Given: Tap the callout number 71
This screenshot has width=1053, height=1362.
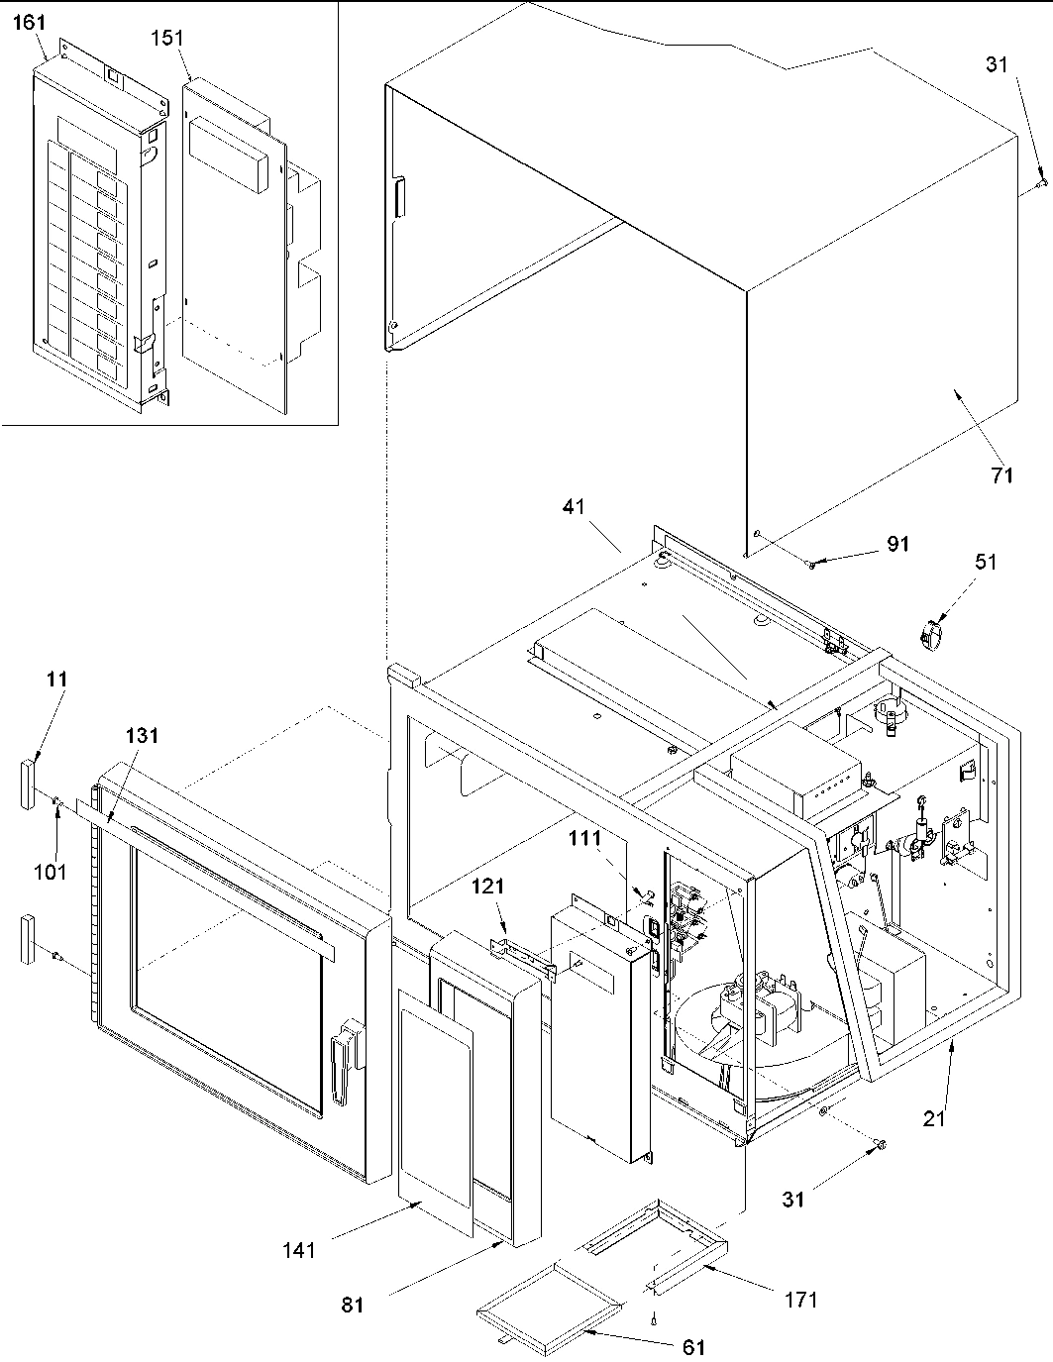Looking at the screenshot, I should click(x=1001, y=475).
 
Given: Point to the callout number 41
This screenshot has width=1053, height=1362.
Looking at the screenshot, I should click(x=575, y=506).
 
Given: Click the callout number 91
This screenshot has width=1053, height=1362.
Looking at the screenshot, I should click(x=897, y=545).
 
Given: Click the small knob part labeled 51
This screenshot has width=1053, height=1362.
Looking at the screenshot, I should click(x=932, y=633).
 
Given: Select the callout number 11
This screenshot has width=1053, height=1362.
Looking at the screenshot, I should click(x=55, y=680).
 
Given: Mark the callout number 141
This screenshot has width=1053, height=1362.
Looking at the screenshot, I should click(x=298, y=1249).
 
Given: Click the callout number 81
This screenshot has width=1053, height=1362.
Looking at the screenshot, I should click(x=353, y=1305).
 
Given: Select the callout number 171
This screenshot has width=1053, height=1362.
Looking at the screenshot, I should click(x=799, y=1299).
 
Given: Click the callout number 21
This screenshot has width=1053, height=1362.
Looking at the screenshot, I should click(x=935, y=1119).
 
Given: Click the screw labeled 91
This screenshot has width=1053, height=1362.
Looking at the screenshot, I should click(x=811, y=564).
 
